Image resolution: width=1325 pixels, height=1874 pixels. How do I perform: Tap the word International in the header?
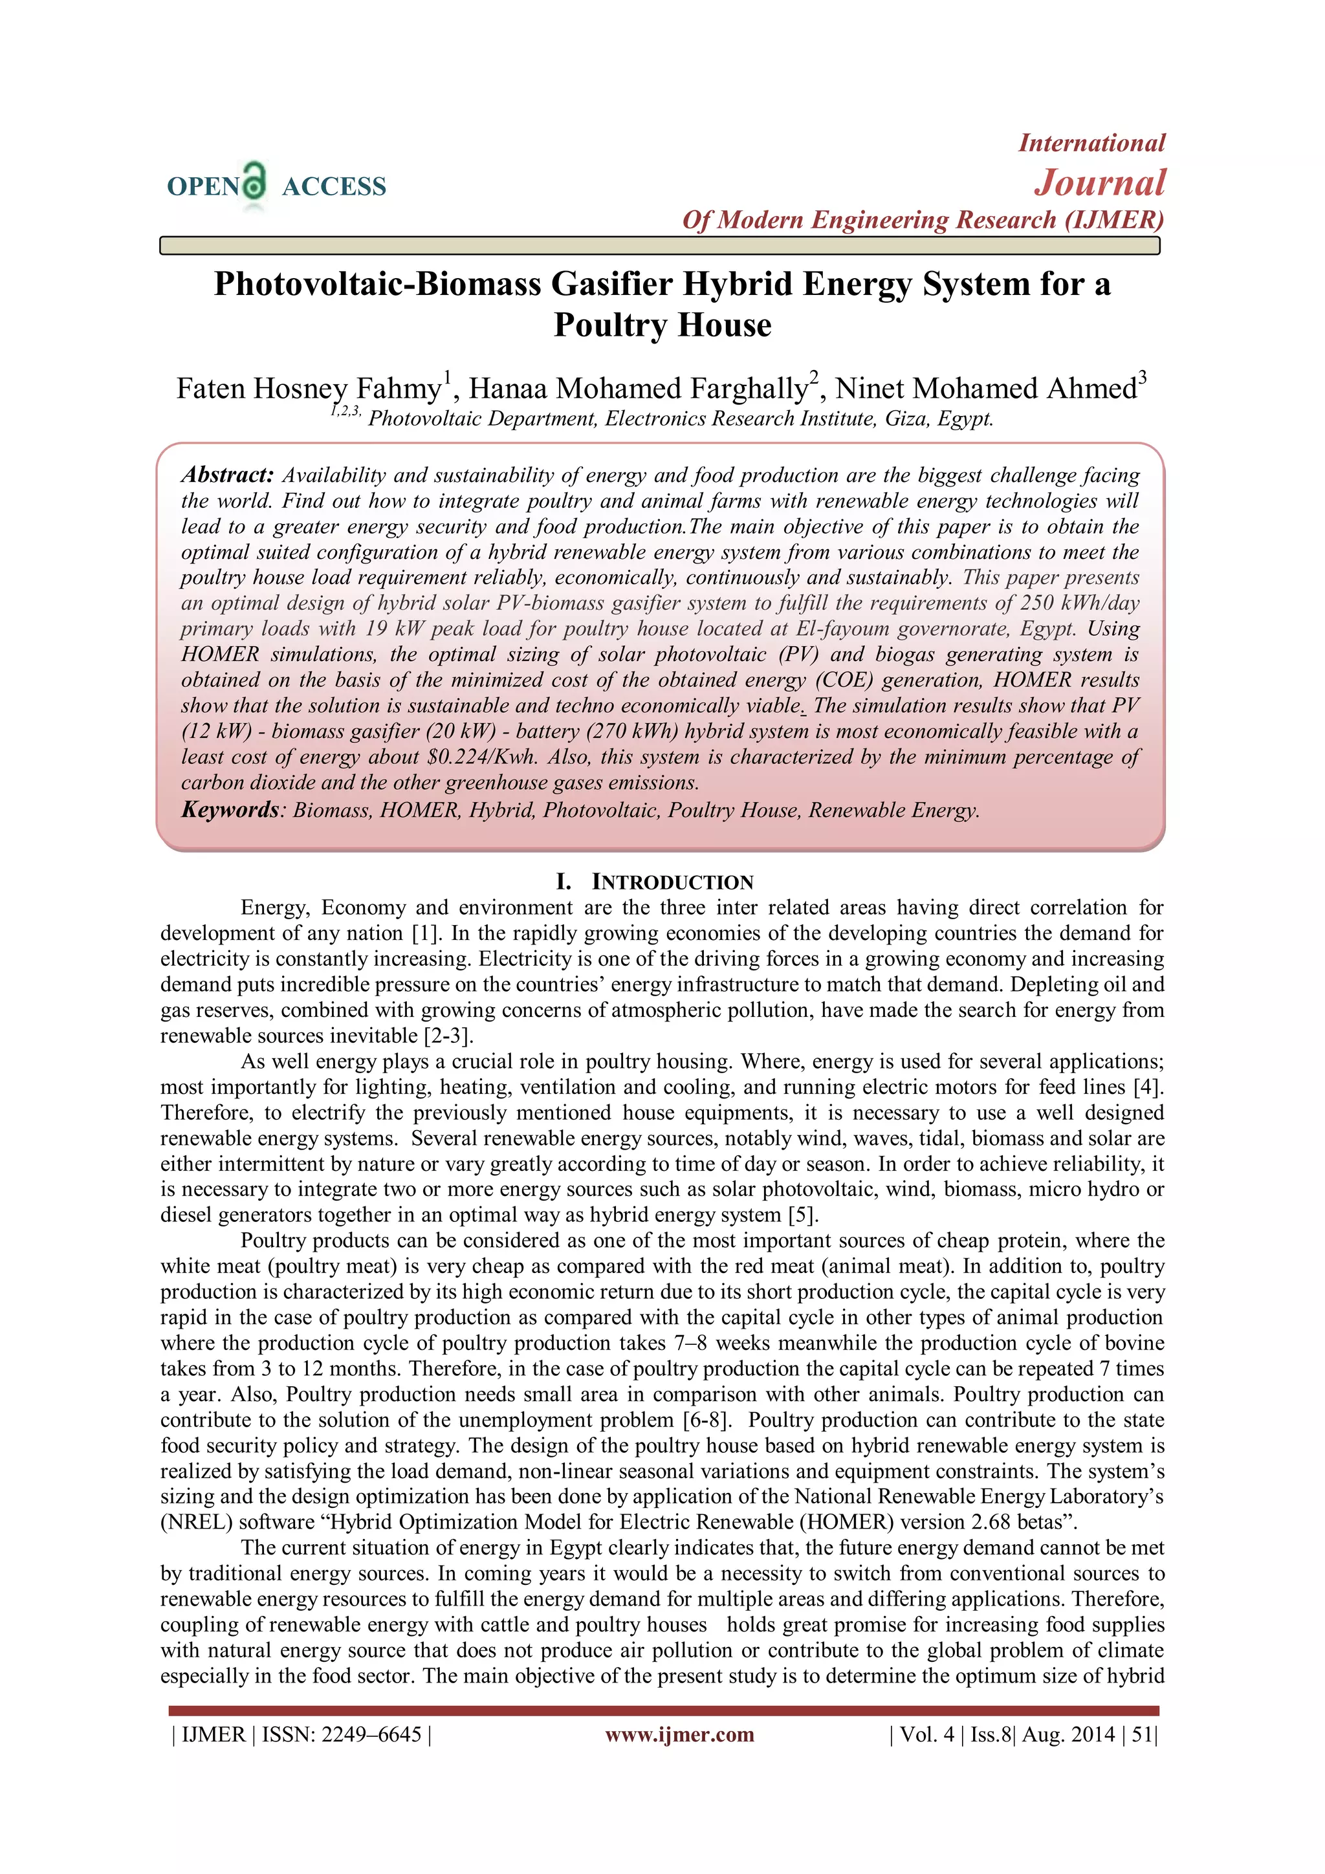pos(1091,143)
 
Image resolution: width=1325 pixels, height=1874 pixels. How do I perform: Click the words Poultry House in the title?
pos(662,325)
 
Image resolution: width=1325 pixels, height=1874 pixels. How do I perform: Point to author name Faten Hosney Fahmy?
pos(309,389)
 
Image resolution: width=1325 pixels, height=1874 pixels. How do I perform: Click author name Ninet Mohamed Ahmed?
pos(985,389)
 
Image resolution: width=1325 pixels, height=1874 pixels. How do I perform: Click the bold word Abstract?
pos(228,475)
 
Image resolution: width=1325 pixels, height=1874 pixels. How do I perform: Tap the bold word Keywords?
pos(230,810)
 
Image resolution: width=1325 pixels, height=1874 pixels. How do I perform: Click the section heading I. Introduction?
pos(655,882)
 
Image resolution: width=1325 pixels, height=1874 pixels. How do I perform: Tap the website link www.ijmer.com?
pos(679,1734)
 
